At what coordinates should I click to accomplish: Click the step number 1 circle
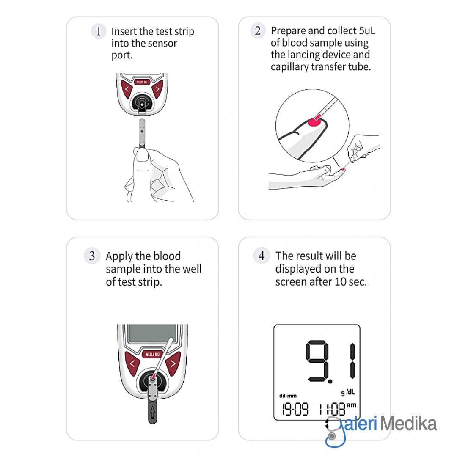tap(99, 31)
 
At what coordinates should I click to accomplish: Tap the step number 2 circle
tap(258, 30)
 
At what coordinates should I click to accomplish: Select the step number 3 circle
tap(92, 256)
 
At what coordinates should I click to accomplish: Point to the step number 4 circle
tap(262, 256)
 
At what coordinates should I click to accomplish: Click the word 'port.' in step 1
tap(122, 55)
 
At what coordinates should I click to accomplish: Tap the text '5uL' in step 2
tap(367, 30)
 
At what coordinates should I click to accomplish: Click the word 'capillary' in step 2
tap(290, 67)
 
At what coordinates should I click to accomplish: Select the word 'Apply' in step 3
tap(119, 256)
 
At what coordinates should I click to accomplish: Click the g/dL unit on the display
tap(348, 392)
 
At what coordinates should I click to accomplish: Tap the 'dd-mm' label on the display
tap(288, 396)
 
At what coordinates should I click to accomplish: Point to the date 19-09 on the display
tap(295, 409)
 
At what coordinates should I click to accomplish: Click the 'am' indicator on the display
tap(351, 405)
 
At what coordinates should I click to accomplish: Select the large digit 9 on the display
tap(317, 361)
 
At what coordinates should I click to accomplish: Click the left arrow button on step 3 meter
tap(132, 363)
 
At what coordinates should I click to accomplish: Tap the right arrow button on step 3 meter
tap(173, 363)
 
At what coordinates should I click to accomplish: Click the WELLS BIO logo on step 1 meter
tap(142, 82)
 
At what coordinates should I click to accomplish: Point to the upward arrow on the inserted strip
tap(152, 413)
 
